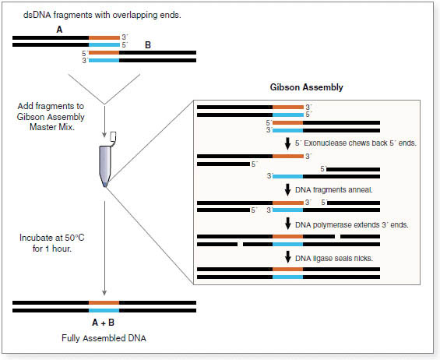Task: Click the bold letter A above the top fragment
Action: click(59, 30)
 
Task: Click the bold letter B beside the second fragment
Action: click(148, 45)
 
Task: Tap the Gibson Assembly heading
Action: click(306, 87)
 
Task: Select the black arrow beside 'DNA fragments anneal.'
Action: click(287, 190)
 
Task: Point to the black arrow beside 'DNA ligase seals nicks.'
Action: click(287, 257)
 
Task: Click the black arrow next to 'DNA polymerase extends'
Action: click(287, 224)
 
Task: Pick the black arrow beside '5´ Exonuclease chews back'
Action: click(287, 143)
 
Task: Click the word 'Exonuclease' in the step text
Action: click(326, 143)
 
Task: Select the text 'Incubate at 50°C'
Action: click(52, 238)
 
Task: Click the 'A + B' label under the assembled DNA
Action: click(104, 323)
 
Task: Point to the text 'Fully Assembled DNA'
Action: click(104, 338)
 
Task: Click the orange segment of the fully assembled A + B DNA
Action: click(104, 302)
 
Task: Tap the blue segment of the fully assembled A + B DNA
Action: click(104, 311)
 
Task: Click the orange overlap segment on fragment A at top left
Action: click(104, 37)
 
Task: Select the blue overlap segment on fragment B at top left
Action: click(104, 60)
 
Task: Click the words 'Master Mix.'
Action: click(52, 127)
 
